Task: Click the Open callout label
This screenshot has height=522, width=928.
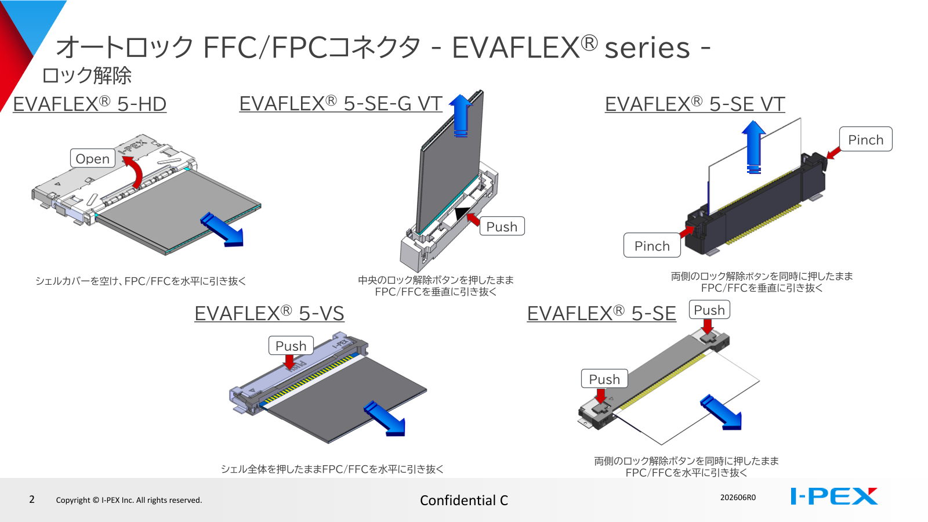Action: click(92, 158)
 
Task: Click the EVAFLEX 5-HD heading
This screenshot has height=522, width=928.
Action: click(89, 104)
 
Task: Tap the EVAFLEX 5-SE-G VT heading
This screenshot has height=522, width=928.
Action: click(340, 104)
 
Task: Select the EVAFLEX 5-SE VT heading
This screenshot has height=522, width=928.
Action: click(695, 104)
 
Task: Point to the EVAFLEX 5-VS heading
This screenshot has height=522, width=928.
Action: click(269, 313)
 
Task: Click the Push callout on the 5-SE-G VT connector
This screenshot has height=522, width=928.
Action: click(502, 226)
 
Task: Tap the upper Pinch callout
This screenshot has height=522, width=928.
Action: click(866, 139)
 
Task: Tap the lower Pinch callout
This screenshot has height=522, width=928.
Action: click(652, 245)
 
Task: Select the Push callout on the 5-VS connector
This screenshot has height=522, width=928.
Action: click(291, 346)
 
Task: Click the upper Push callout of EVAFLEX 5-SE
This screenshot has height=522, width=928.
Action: click(709, 310)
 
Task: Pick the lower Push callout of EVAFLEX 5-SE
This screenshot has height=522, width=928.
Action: click(604, 379)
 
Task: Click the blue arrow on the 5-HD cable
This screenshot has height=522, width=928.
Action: click(223, 230)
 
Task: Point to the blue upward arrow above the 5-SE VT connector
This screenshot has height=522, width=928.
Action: click(753, 147)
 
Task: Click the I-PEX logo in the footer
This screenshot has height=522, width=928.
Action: click(834, 496)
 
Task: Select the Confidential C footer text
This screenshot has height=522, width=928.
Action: click(464, 501)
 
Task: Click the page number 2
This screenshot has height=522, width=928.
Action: click(32, 499)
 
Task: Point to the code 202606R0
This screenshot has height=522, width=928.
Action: click(738, 497)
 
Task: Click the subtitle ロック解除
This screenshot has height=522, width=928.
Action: click(86, 75)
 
